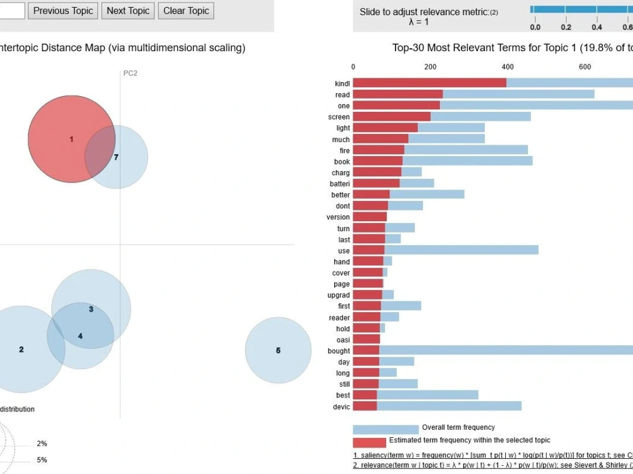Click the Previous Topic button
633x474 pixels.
coord(63,11)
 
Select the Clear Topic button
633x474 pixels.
coord(186,11)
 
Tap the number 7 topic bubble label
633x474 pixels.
coord(116,157)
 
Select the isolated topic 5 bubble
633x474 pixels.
coord(278,350)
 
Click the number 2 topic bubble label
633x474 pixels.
coord(22,349)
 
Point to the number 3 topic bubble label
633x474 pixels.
coord(91,309)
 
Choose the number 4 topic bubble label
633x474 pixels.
coord(80,336)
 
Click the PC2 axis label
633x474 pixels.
coord(130,73)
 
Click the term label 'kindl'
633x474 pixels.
coord(342,83)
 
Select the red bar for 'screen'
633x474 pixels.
coord(391,117)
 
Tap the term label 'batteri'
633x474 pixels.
coord(339,183)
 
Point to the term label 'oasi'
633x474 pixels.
coord(343,339)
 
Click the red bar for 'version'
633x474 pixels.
coord(369,217)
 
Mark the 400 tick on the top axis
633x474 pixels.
coord(508,66)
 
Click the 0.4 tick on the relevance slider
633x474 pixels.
coord(596,27)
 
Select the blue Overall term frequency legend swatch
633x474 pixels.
coord(385,429)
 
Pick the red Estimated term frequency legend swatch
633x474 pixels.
coord(369,442)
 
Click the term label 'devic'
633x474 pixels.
coord(341,406)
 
